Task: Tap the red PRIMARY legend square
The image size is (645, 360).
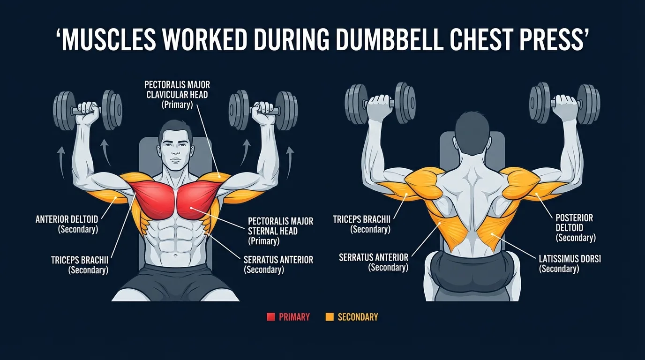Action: pyautogui.click(x=270, y=317)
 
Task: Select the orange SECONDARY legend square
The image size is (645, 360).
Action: pyautogui.click(x=330, y=317)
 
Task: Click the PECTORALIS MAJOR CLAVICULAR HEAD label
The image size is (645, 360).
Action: pyautogui.click(x=177, y=95)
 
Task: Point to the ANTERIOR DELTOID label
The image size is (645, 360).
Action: pyautogui.click(x=67, y=224)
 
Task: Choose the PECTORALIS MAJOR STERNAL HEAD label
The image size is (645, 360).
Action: pyautogui.click(x=280, y=231)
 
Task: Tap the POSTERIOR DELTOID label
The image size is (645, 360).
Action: pyautogui.click(x=575, y=228)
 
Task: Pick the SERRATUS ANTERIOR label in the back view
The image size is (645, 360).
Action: pyautogui.click(x=373, y=262)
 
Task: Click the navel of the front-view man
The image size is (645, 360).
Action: pyautogui.click(x=175, y=256)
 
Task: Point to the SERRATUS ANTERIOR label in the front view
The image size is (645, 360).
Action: pyautogui.click(x=278, y=264)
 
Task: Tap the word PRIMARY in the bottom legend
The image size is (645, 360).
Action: pyautogui.click(x=294, y=317)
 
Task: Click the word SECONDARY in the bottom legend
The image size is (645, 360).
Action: pyautogui.click(x=357, y=317)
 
